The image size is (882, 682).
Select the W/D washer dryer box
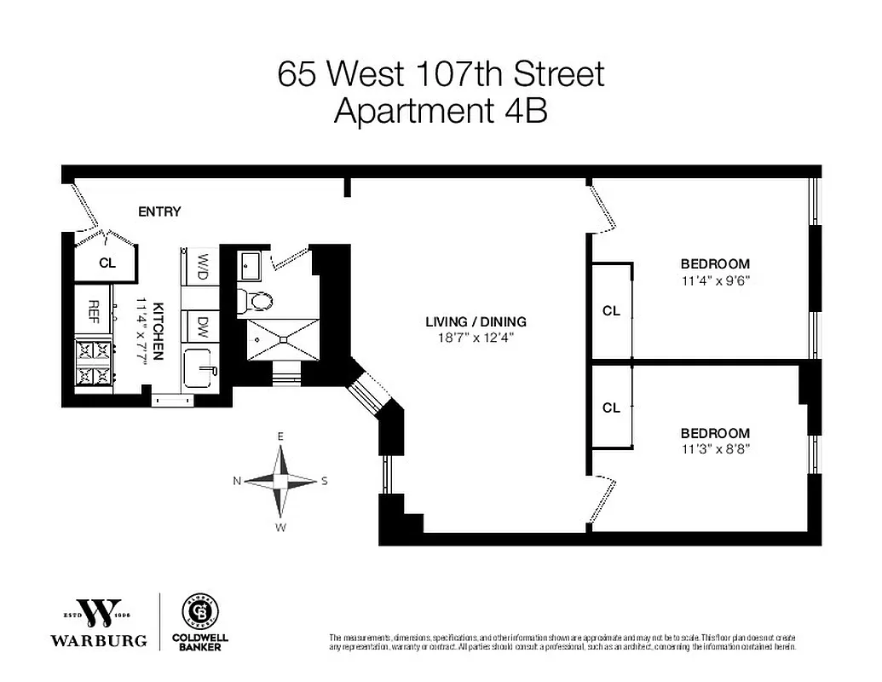(203, 265)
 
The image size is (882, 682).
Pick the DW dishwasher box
(203, 326)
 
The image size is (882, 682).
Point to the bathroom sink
(251, 266)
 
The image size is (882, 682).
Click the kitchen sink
(201, 368)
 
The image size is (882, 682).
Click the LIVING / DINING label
(476, 322)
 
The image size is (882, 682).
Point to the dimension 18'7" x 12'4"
(476, 338)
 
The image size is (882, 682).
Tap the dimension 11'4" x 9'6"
(714, 279)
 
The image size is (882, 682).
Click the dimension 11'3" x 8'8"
(714, 448)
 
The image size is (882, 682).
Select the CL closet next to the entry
(107, 263)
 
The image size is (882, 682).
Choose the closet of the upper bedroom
(611, 311)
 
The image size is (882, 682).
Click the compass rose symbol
(281, 481)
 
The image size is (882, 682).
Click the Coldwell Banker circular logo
(201, 611)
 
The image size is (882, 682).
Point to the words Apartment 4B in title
(440, 112)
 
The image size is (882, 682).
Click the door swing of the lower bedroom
(603, 503)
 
